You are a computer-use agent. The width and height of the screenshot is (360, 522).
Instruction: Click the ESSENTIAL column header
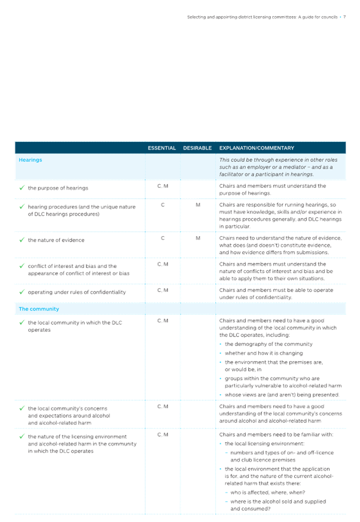click(162, 148)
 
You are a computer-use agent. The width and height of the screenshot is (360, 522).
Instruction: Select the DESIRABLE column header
click(197, 148)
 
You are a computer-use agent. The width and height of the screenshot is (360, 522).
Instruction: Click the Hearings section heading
click(31, 160)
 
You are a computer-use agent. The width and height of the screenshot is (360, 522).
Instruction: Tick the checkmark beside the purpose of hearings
click(21, 188)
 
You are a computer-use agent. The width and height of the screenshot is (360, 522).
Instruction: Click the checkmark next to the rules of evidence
click(21, 240)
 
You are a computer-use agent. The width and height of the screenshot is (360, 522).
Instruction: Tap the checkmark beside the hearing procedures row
click(21, 207)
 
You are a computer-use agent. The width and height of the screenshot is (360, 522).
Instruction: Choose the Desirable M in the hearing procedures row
click(198, 204)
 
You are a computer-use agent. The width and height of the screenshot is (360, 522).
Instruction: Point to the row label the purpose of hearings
click(58, 188)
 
